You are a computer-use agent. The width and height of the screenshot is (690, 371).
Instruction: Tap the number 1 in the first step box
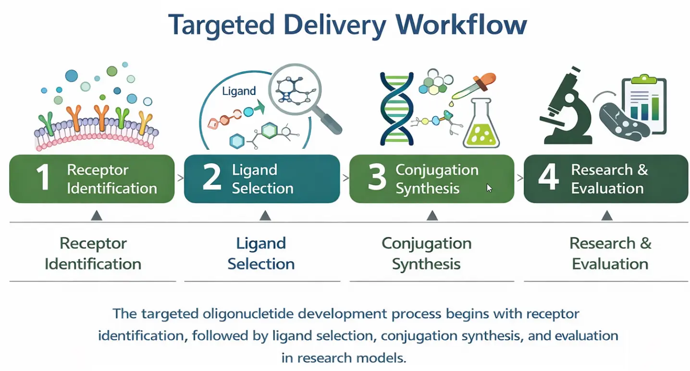coord(43,178)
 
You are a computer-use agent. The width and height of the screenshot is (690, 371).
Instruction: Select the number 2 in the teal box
coord(212,178)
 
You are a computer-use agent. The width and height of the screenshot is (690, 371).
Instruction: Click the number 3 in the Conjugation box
coord(377,178)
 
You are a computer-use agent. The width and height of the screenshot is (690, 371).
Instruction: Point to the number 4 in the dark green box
coord(548,178)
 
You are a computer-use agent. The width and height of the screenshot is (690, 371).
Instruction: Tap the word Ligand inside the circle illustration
coord(239,91)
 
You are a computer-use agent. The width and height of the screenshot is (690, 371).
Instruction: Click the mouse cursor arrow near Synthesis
coord(489,188)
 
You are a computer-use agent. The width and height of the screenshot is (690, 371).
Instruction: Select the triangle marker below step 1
coord(97,215)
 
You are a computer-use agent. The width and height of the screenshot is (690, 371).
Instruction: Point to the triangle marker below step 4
coord(606,215)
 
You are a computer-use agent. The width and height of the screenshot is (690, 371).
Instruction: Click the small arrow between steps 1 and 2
coord(180,179)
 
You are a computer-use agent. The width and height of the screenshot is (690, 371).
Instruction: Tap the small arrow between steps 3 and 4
coord(519,179)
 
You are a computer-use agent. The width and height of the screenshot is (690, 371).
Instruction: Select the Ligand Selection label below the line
coord(261,253)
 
